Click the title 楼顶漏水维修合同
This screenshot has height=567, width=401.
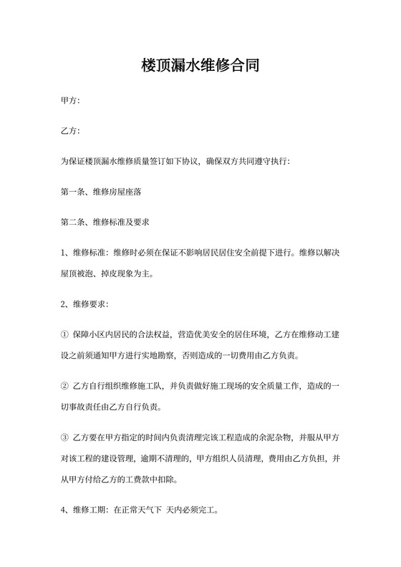pos(200,67)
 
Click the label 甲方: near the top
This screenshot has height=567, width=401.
pos(70,101)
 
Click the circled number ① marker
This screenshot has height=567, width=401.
pos(65,334)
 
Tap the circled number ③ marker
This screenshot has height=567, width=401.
pos(65,438)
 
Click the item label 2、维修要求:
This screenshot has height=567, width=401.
pos(85,304)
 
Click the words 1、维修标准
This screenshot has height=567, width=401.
pos(84,253)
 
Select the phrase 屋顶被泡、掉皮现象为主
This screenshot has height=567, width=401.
pos(105,273)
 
